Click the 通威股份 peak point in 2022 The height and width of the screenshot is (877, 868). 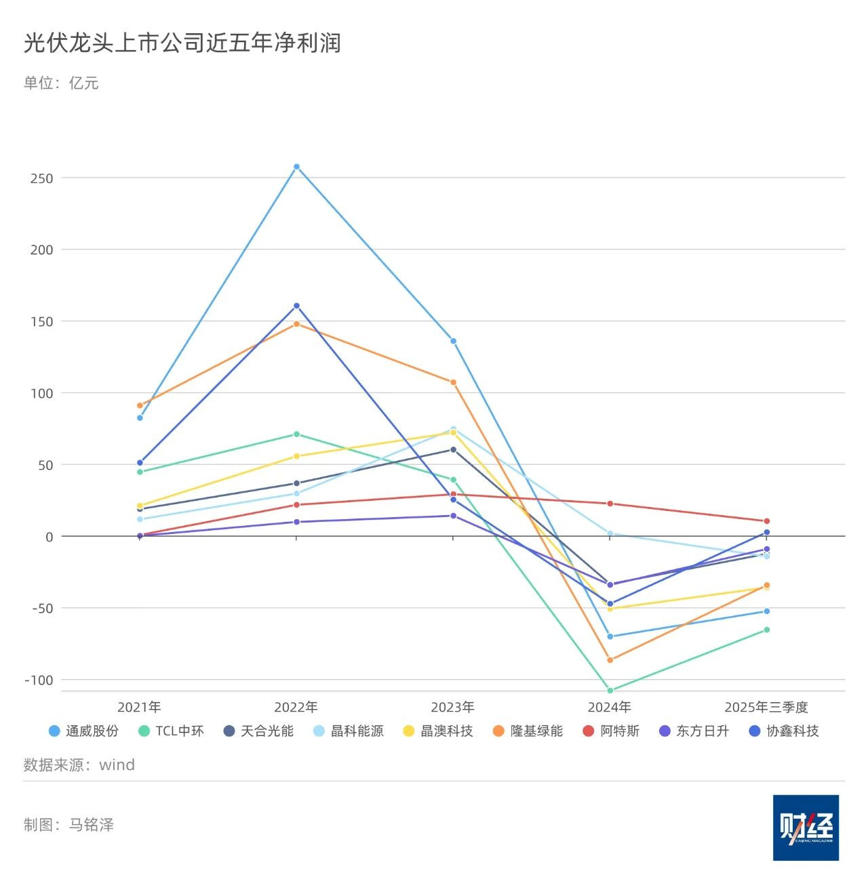(296, 167)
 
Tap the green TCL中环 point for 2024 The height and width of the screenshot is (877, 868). (610, 691)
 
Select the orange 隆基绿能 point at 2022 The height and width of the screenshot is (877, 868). (296, 324)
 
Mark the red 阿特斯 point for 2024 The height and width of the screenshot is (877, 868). (610, 504)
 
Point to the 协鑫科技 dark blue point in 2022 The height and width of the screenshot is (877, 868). (296, 306)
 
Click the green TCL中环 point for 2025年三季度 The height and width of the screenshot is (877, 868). (767, 630)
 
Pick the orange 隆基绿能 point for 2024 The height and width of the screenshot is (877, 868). (610, 659)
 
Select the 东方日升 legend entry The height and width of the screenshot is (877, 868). (694, 731)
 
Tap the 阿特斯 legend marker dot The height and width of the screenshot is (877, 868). (589, 731)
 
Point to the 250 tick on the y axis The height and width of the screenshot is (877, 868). (41, 178)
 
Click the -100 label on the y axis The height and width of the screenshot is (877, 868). (38, 680)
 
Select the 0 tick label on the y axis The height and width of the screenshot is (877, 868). (49, 537)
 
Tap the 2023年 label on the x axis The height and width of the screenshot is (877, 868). (452, 707)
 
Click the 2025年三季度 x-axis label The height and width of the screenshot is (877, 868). (766, 707)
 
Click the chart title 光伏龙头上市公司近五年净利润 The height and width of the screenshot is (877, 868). (182, 43)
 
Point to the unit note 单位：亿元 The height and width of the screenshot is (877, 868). (61, 83)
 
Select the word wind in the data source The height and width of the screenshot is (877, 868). (117, 764)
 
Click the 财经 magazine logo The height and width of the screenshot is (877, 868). (806, 828)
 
